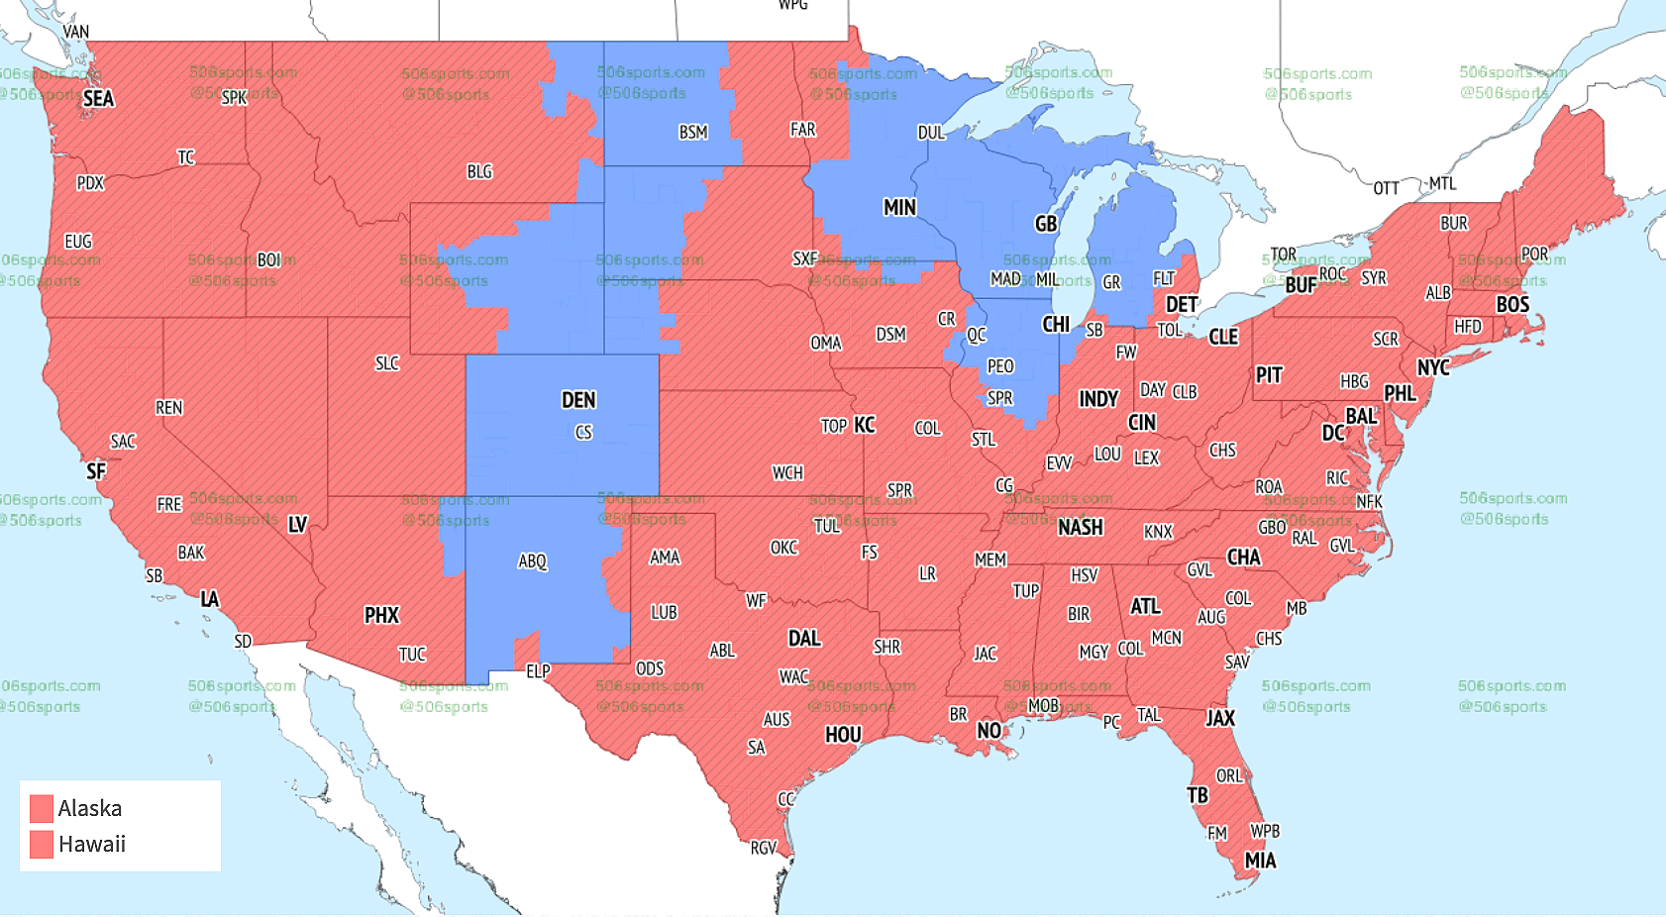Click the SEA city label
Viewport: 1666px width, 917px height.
click(98, 98)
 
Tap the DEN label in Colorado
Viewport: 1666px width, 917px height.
click(578, 400)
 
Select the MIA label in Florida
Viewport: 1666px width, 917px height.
click(1260, 861)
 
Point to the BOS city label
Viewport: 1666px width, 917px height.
click(1511, 305)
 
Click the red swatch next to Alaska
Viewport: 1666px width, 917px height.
click(41, 808)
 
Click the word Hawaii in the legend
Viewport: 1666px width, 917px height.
click(91, 844)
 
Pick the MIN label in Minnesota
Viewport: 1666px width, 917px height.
click(899, 208)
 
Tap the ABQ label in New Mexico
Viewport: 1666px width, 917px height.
click(532, 561)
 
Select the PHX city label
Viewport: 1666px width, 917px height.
click(381, 616)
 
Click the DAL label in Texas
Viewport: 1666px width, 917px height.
click(804, 639)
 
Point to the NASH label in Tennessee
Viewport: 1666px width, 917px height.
click(1080, 528)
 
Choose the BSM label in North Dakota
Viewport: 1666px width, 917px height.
click(692, 133)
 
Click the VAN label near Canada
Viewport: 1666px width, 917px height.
click(76, 32)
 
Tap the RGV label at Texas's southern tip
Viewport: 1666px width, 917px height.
click(763, 848)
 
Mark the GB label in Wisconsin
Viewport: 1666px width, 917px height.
click(1046, 225)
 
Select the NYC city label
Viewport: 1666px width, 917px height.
click(1432, 368)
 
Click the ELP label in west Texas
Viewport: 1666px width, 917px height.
click(538, 671)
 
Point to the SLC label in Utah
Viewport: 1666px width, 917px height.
click(386, 363)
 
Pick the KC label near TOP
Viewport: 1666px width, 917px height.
click(864, 426)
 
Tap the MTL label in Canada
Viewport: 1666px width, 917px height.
click(1442, 183)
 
